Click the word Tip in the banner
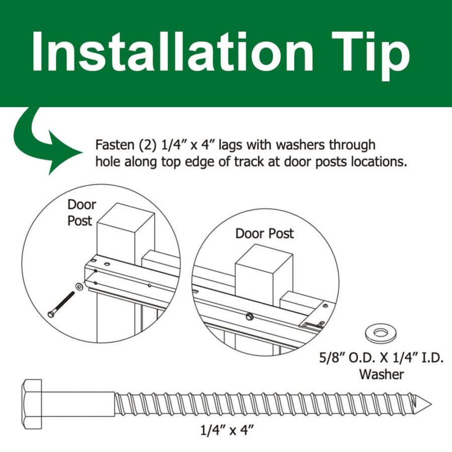tap(371, 55)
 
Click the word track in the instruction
tap(249, 162)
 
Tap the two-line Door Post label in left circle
tap(81, 213)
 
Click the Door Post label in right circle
tap(264, 234)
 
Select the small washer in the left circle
tap(78, 287)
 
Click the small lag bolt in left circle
tap(61, 305)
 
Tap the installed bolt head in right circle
tap(249, 316)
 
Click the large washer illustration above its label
tap(381, 334)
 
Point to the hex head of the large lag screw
tap(33, 404)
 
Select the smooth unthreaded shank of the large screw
tap(78, 404)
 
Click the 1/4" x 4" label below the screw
tap(227, 431)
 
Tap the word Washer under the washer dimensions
tap(381, 375)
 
